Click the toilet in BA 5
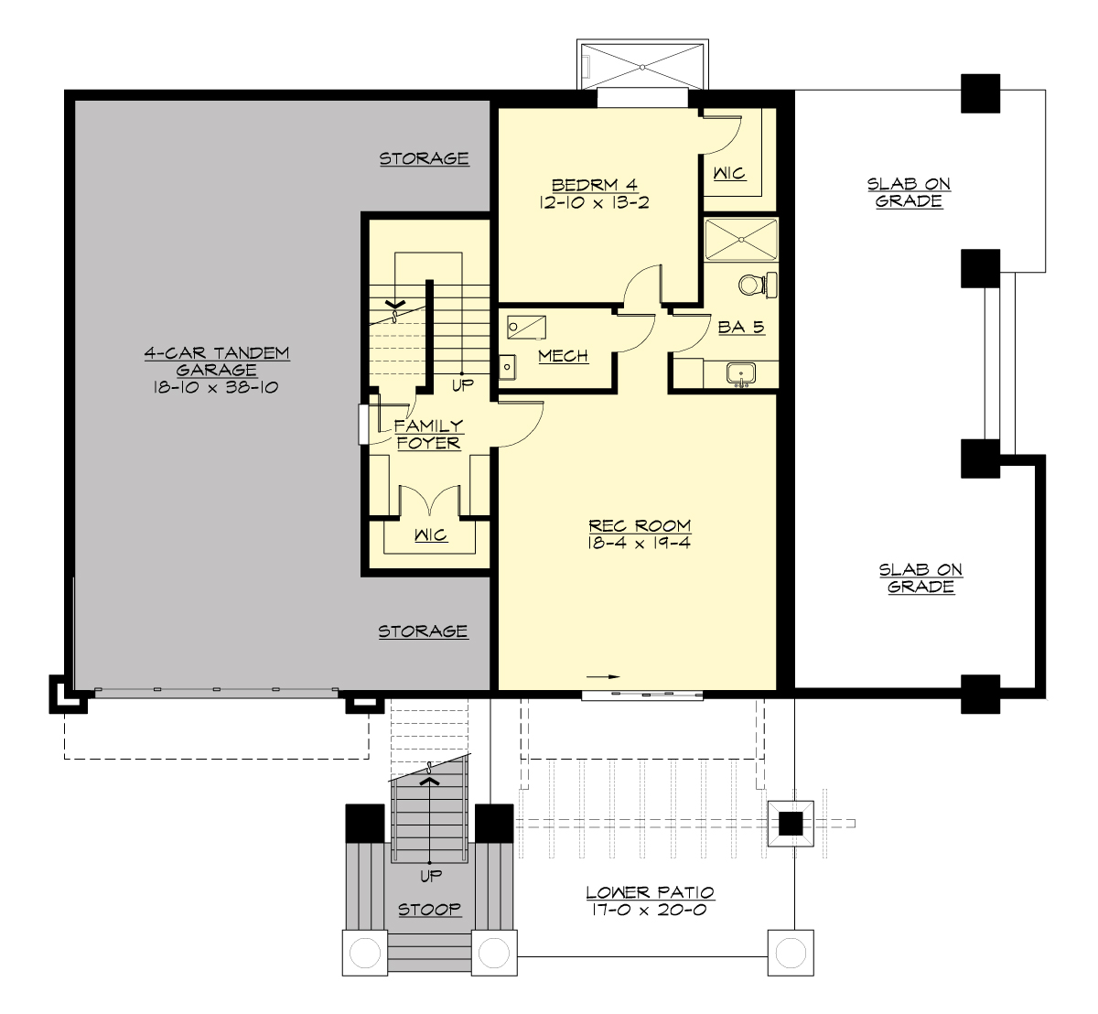pos(756,286)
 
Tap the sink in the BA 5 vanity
pos(740,373)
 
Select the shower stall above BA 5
pos(741,240)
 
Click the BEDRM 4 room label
pos(594,185)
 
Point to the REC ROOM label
pos(640,525)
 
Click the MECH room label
pos(563,356)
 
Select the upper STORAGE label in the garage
pos(425,158)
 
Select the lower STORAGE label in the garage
pos(423,631)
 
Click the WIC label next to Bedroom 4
pos(729,173)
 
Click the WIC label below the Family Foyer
pos(430,534)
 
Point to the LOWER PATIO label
pos(650,892)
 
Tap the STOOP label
pos(429,910)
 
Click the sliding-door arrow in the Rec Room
pos(603,676)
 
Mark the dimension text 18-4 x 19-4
pos(640,543)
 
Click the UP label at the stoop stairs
pos(430,876)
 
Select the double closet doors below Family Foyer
pos(431,502)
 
